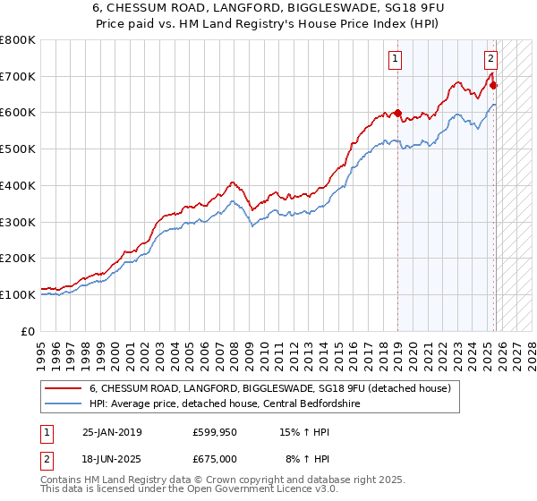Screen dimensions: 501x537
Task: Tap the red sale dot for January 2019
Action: [x=396, y=114]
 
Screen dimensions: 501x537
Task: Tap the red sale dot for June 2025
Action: [x=494, y=86]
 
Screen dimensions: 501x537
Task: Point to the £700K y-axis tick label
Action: [x=18, y=77]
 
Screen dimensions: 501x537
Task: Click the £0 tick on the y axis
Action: [x=29, y=331]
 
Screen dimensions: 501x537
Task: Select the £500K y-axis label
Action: [x=18, y=149]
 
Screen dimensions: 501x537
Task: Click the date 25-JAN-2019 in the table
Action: [x=112, y=432]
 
